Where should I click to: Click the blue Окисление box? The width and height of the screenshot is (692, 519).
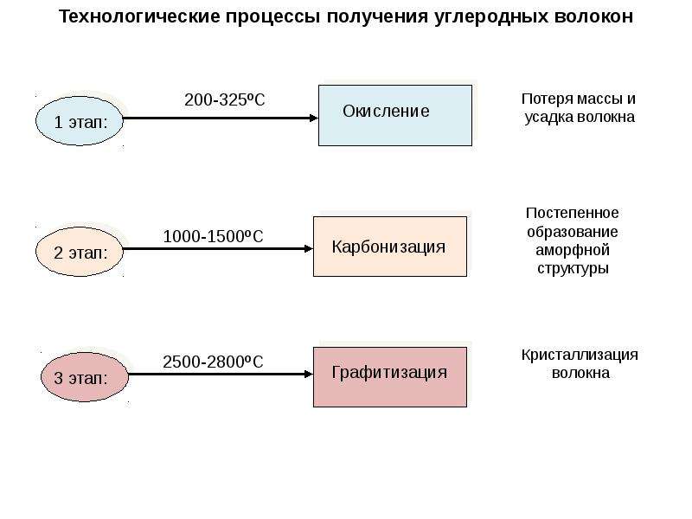click(395, 116)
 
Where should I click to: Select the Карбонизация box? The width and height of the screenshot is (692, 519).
click(390, 247)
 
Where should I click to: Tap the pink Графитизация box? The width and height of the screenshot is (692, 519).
click(390, 377)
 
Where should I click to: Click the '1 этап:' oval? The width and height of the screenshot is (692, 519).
click(80, 121)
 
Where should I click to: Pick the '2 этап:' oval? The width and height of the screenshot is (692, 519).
click(80, 252)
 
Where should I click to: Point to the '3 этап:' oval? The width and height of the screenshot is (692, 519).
click(84, 377)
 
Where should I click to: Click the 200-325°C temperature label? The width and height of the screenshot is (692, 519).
click(225, 99)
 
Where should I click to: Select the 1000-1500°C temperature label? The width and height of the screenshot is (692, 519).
click(213, 236)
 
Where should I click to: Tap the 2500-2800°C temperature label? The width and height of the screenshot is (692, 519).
click(213, 362)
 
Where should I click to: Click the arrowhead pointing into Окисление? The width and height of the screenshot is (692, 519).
click(314, 118)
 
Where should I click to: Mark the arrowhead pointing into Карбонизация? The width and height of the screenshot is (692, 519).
click(309, 249)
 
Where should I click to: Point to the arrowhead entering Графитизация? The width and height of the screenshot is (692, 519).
click(309, 375)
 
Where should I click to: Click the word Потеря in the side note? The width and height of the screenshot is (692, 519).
click(548, 99)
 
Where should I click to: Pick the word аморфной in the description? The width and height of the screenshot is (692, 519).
click(573, 250)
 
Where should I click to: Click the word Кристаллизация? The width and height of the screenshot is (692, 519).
click(580, 355)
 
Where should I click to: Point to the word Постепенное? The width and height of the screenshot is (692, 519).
click(572, 213)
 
